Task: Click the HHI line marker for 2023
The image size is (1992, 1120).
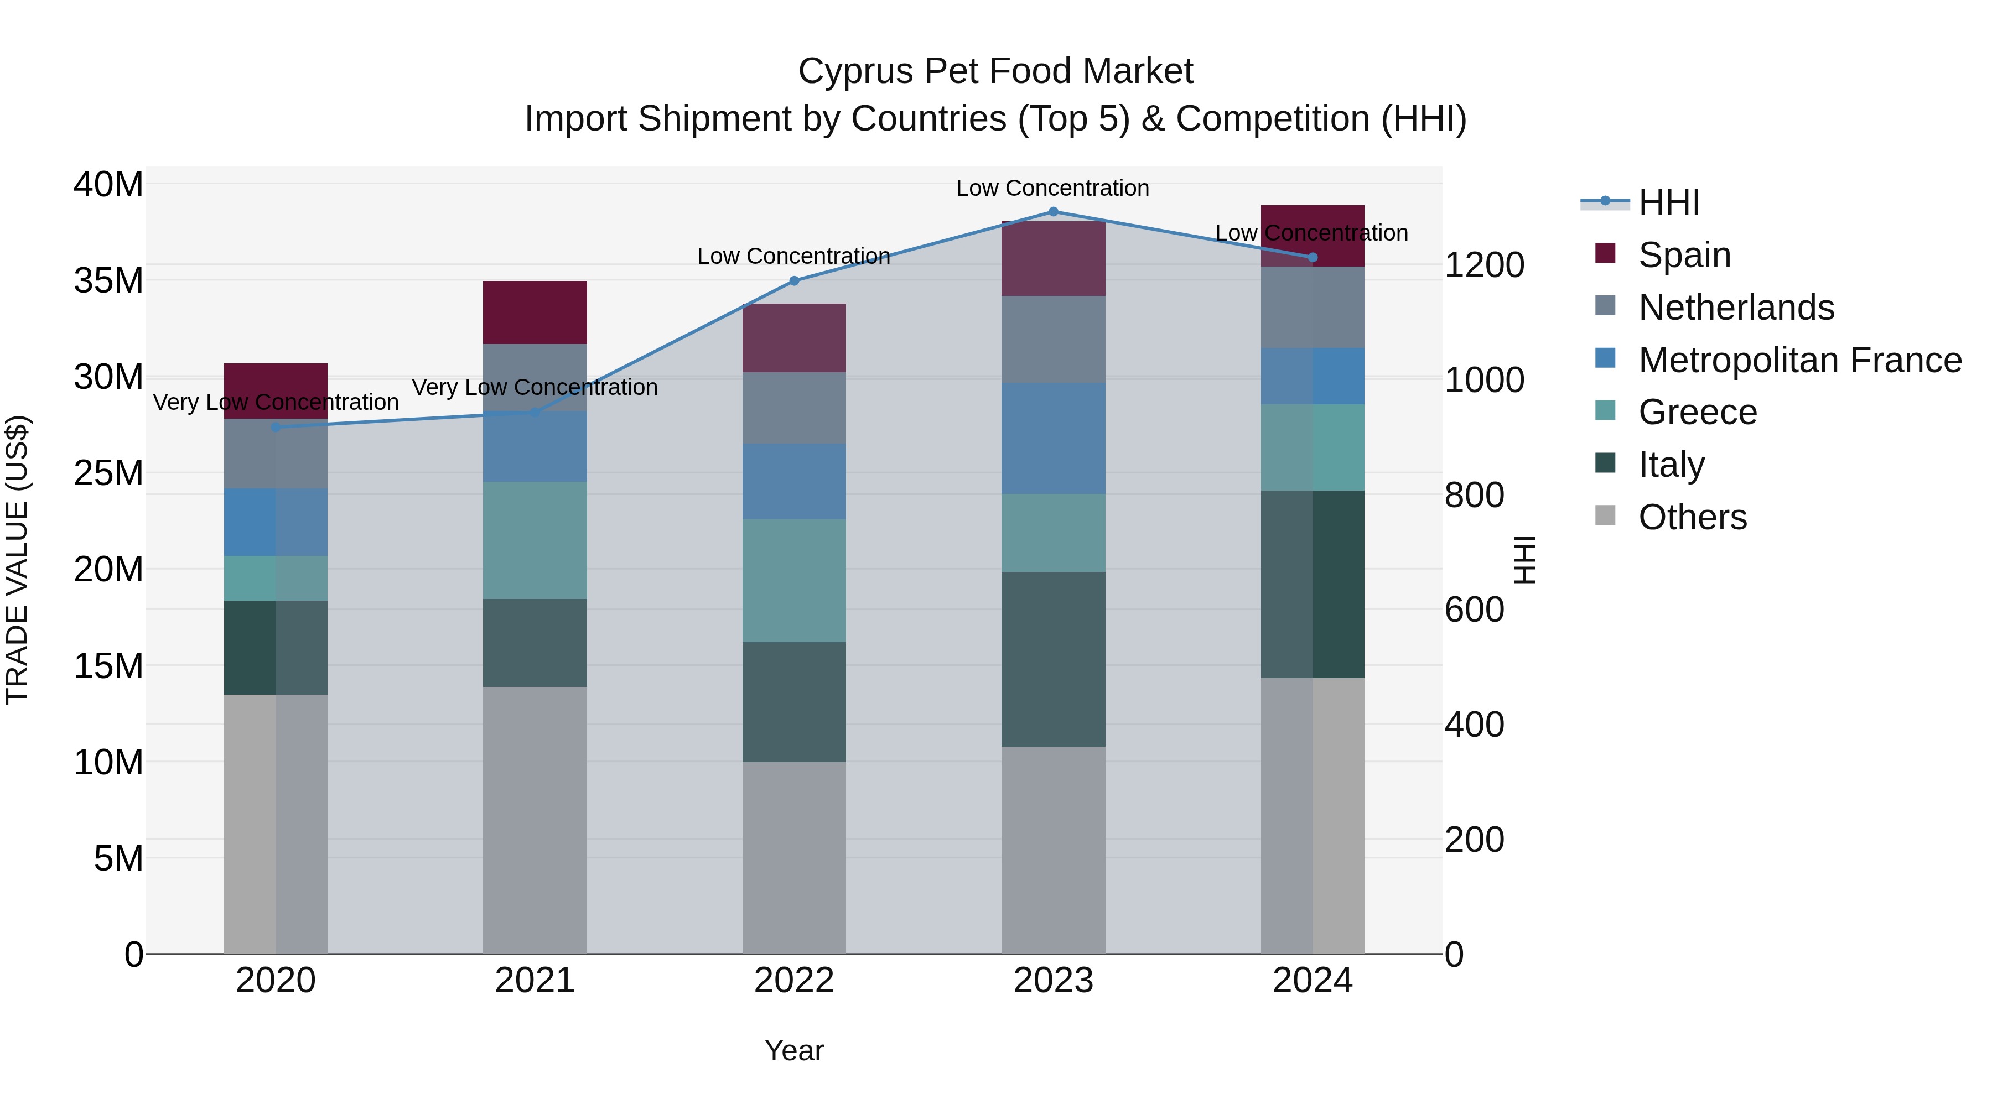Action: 1052,211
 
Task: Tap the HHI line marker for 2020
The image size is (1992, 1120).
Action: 276,426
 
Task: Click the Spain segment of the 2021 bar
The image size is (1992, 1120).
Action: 535,312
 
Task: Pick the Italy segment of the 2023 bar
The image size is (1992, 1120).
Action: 1052,659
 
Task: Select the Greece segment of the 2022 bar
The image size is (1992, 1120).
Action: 794,581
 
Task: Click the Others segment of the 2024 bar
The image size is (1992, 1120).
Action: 1313,815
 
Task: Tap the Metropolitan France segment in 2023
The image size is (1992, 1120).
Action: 1052,438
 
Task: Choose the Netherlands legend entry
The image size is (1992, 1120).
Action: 1735,308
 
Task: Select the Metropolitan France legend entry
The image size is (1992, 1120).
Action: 1799,360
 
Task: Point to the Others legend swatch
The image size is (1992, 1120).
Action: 1605,515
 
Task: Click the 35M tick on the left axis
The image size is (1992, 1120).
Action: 108,280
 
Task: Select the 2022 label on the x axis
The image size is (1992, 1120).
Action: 794,981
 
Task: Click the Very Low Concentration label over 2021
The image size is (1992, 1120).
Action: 535,387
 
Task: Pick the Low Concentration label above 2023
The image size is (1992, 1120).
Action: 1052,188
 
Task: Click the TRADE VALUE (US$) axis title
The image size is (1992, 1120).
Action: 18,560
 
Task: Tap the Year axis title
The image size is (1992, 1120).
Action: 794,1050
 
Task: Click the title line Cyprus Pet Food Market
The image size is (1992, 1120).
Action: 995,71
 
